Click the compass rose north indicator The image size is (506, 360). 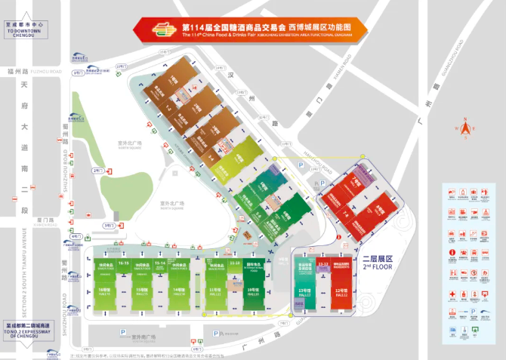[466, 129]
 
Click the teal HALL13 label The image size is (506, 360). [304, 294]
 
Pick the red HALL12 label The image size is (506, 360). [340, 294]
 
